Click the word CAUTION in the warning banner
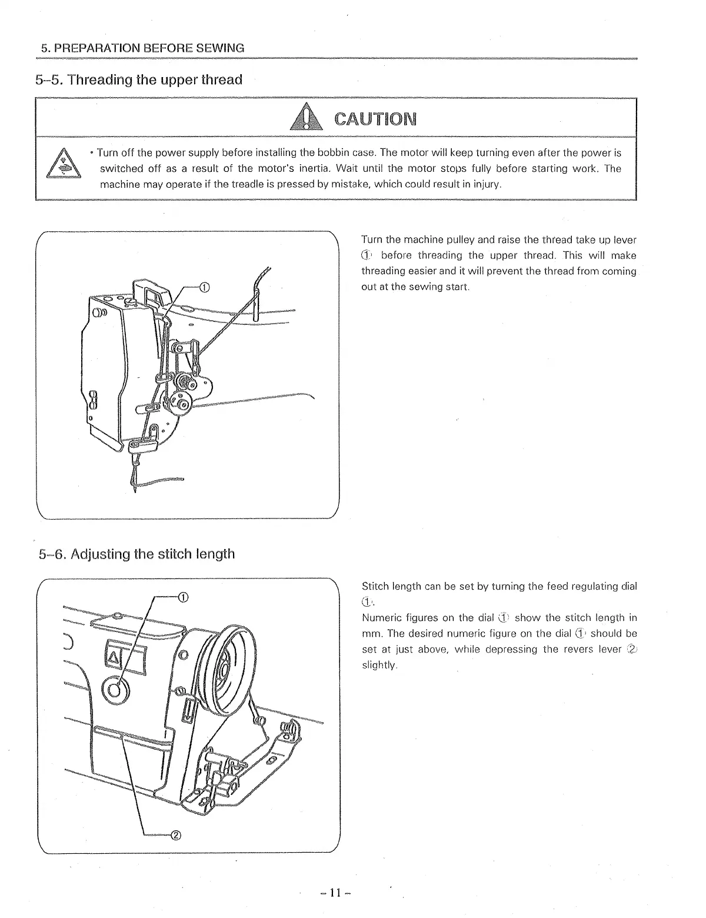pos(375,119)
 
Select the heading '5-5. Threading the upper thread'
pos(139,79)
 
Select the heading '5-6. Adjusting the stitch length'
pos(135,554)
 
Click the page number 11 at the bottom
pos(335,893)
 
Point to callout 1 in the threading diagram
pos(204,287)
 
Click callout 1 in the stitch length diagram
pos(183,598)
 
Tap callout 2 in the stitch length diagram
pos(176,835)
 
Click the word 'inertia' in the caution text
pos(315,168)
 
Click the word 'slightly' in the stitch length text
pos(379,665)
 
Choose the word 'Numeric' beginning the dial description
pos(379,617)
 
